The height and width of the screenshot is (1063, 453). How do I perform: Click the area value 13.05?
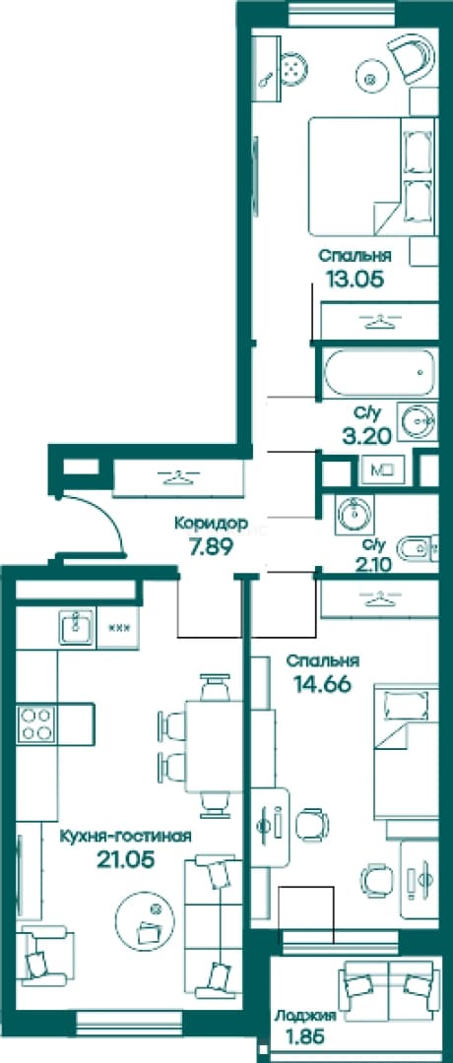click(x=351, y=279)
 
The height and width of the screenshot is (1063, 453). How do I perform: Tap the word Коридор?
click(x=211, y=524)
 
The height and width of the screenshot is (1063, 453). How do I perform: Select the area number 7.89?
click(x=212, y=545)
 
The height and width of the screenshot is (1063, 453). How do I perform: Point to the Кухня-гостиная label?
click(x=125, y=836)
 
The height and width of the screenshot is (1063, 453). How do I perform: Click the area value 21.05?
click(x=126, y=859)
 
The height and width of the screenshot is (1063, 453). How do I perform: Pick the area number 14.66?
click(x=322, y=684)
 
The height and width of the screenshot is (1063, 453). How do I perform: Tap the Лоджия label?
click(x=305, y=1016)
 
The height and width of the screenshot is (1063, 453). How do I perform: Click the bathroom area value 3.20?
click(x=367, y=435)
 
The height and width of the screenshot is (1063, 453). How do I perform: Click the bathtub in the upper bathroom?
click(x=379, y=373)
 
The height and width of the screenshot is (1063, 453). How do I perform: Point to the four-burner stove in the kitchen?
click(x=36, y=723)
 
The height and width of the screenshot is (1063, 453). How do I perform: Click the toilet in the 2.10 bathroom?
click(x=415, y=549)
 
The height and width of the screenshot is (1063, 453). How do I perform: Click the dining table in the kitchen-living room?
click(x=214, y=746)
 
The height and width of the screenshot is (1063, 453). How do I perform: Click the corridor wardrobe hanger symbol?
click(x=176, y=477)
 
